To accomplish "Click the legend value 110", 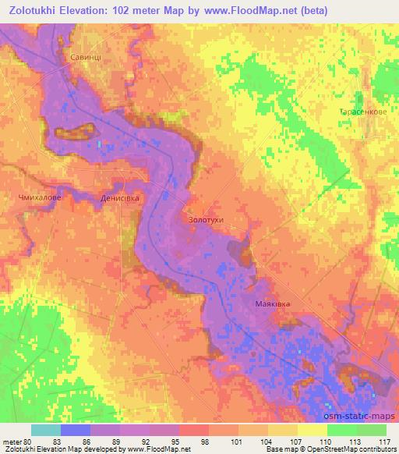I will (327, 442).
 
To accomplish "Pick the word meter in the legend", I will (12, 442).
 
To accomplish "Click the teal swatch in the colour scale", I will (46, 431).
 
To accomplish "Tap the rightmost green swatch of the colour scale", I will (372, 431).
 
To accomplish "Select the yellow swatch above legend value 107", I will (283, 431).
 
